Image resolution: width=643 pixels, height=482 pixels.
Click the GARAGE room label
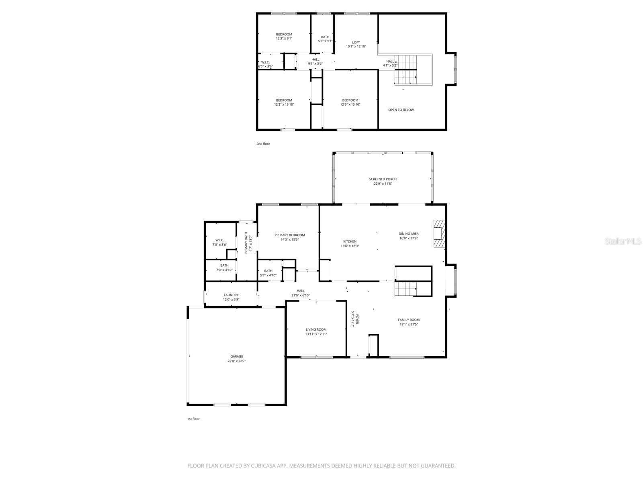tap(237, 356)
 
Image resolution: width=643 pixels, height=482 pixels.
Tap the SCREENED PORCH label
tap(383, 179)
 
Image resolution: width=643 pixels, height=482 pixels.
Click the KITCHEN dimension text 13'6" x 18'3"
tap(350, 246)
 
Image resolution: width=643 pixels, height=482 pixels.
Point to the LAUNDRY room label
tap(231, 295)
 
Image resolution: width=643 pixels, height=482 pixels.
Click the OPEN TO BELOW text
tap(401, 110)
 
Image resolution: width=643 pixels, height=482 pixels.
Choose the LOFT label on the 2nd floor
tap(356, 42)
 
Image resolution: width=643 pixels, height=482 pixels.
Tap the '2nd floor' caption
tap(263, 143)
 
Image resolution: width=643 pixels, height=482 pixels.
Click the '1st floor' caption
tap(193, 419)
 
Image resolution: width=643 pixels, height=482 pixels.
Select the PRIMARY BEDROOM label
tap(289, 235)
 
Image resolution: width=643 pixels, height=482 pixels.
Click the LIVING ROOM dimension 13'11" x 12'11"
tap(316, 334)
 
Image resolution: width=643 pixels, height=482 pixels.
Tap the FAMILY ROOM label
tap(409, 320)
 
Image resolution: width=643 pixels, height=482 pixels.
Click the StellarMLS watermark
tap(623, 241)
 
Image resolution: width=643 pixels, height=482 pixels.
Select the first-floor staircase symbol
tap(405, 289)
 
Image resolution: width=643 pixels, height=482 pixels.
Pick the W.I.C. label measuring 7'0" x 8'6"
tap(219, 240)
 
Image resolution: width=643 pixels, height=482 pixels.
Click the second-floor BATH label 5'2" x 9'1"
tap(325, 37)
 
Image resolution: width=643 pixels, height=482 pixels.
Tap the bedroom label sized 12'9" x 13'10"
tap(350, 100)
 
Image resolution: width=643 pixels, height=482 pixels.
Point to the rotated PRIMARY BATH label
tap(246, 243)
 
